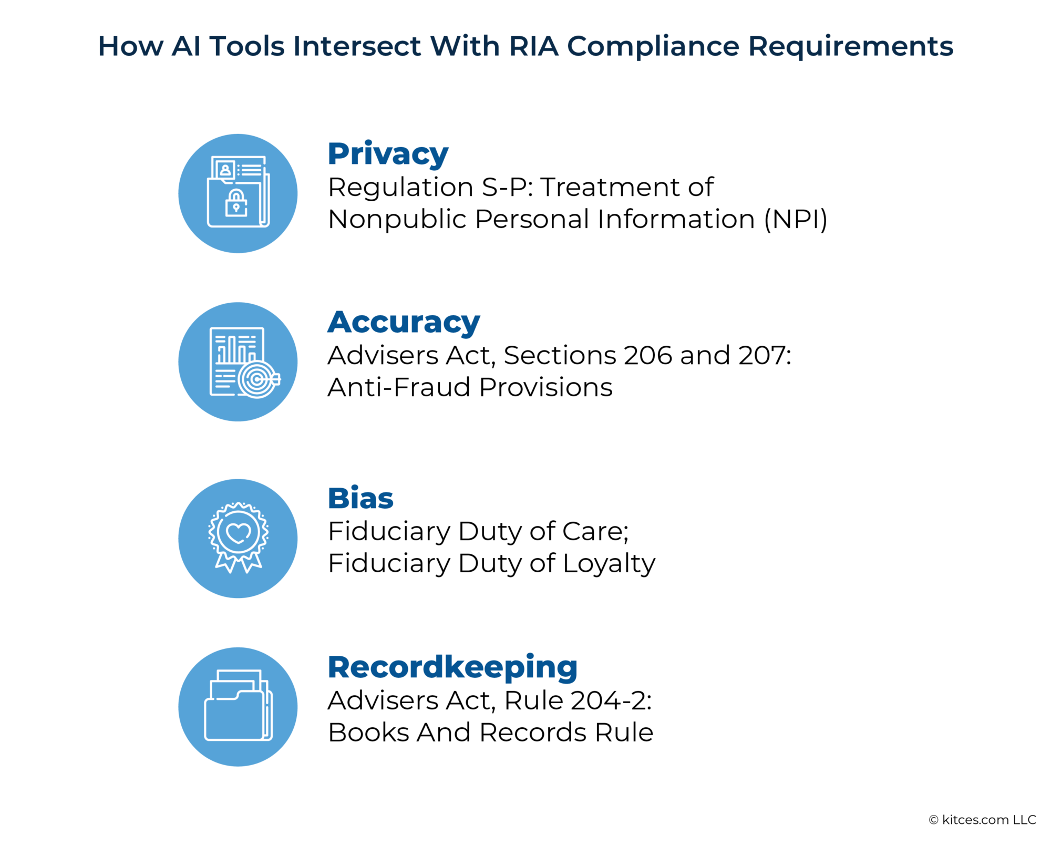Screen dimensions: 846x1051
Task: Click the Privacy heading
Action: (x=388, y=154)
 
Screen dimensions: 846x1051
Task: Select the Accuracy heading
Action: (x=404, y=322)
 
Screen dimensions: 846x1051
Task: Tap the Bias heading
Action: (x=360, y=498)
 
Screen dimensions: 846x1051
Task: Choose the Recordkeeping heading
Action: (x=452, y=667)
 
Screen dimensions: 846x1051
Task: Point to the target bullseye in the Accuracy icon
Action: (x=256, y=378)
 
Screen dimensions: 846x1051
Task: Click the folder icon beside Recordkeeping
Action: (x=238, y=707)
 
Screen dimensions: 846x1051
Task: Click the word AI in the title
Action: (x=186, y=46)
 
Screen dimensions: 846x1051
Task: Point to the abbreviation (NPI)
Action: (x=796, y=219)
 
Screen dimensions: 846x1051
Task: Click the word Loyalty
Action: (x=609, y=564)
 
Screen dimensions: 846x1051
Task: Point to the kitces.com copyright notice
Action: (x=982, y=820)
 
